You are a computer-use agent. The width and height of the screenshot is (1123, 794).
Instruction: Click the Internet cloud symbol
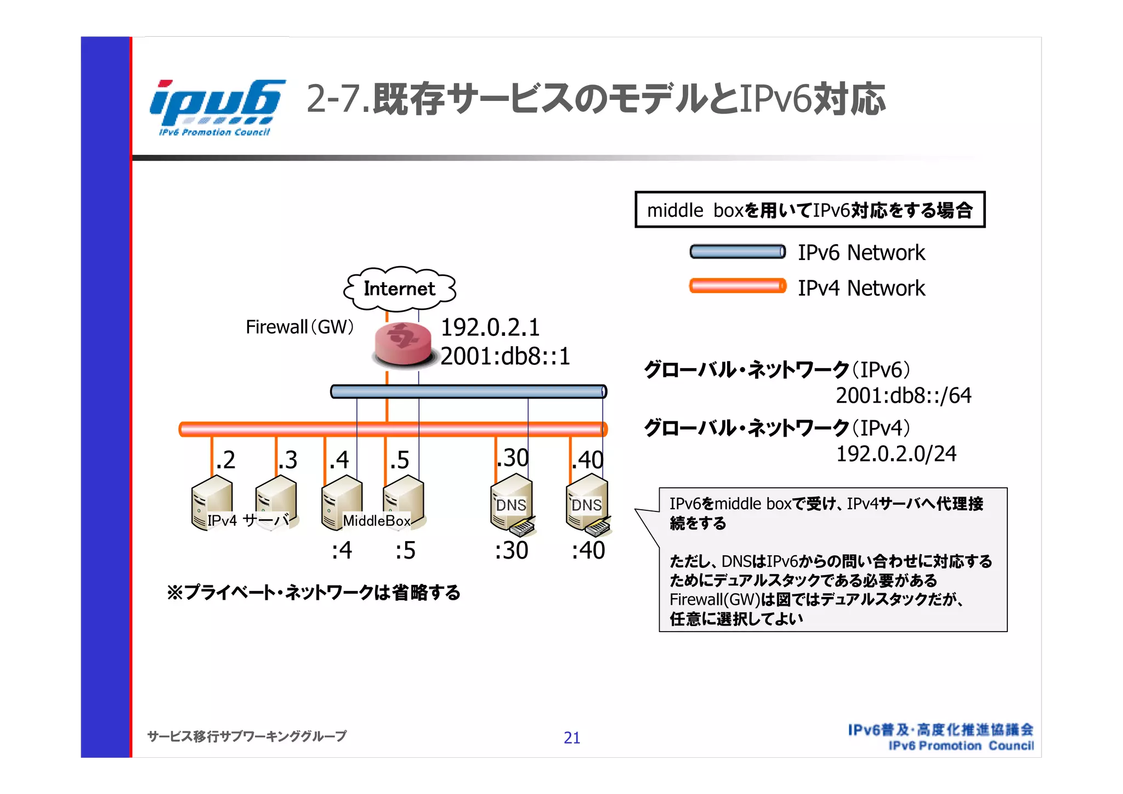(x=399, y=289)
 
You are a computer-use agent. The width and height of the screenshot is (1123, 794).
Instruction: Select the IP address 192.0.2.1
(x=490, y=328)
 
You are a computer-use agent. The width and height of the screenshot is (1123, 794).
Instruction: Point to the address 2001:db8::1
(x=505, y=357)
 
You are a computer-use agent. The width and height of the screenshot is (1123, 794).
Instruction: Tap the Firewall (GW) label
(x=299, y=327)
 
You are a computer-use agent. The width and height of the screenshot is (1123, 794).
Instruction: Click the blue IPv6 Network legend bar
(x=737, y=252)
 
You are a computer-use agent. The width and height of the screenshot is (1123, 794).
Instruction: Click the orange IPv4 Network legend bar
(x=737, y=286)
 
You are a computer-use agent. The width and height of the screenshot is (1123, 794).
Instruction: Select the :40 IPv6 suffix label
(x=588, y=550)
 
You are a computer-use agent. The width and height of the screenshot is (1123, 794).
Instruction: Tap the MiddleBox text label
(x=376, y=521)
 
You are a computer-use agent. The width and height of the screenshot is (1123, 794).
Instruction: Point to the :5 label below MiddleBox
(x=405, y=550)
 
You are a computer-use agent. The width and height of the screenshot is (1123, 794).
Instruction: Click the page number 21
(x=571, y=738)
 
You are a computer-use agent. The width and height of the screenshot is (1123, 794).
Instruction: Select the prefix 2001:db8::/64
(x=903, y=396)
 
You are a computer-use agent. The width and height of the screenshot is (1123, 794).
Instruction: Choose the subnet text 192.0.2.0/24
(x=896, y=454)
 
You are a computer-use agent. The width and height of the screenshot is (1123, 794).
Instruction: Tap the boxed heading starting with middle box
(x=809, y=210)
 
